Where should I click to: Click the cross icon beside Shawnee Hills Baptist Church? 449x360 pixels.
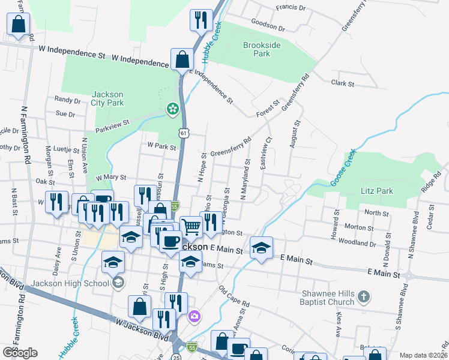pyautogui.click(x=364, y=296)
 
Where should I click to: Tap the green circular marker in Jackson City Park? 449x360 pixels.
pyautogui.click(x=172, y=109)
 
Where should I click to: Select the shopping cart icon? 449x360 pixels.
pyautogui.click(x=191, y=227)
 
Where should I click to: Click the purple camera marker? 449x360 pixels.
pyautogui.click(x=194, y=316)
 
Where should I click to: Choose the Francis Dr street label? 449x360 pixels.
pyautogui.click(x=291, y=9)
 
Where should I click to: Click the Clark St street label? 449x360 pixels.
pyautogui.click(x=343, y=83)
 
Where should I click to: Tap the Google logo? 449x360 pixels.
pyautogui.click(x=20, y=352)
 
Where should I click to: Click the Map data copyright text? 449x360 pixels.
pyautogui.click(x=423, y=355)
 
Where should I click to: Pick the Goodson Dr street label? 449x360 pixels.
pyautogui.click(x=268, y=26)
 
